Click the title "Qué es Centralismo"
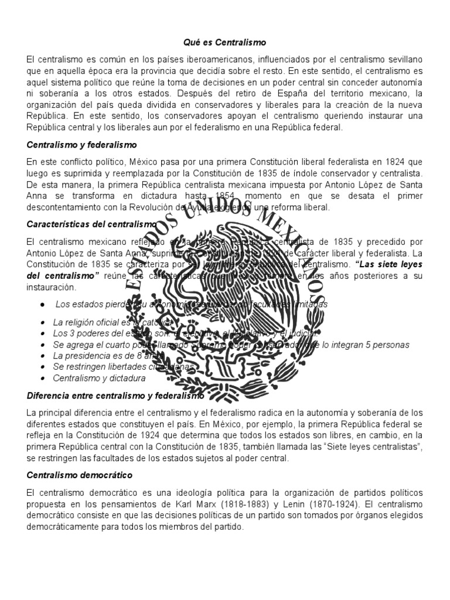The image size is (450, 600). pyautogui.click(x=226, y=42)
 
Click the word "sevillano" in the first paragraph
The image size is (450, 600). pyautogui.click(x=404, y=60)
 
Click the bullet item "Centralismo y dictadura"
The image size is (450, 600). pyautogui.click(x=99, y=378)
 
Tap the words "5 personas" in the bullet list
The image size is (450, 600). pyautogui.click(x=390, y=345)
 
